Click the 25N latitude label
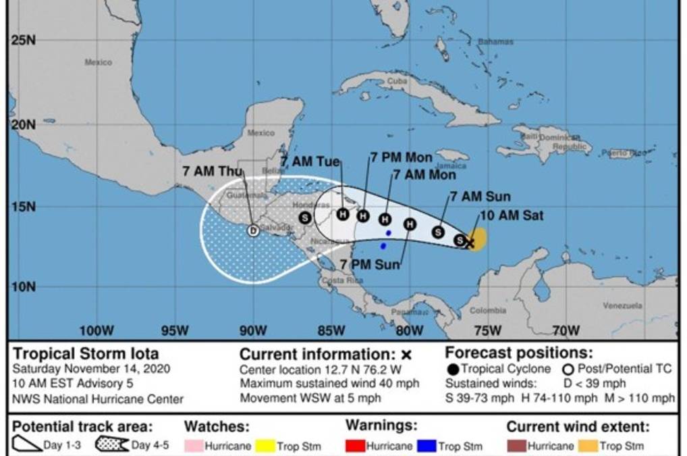(22, 40)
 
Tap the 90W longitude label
(253, 330)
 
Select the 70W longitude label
(566, 330)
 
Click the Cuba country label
(397, 81)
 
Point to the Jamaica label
(451, 166)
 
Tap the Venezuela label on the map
(622, 305)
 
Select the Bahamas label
(495, 42)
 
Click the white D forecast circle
(253, 231)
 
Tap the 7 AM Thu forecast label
(213, 171)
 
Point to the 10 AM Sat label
(512, 216)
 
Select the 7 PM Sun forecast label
(370, 264)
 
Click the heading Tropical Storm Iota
(86, 353)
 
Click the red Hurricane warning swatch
(356, 446)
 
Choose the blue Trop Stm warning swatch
(427, 446)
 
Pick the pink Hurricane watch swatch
(194, 446)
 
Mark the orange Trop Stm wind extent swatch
(590, 446)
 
